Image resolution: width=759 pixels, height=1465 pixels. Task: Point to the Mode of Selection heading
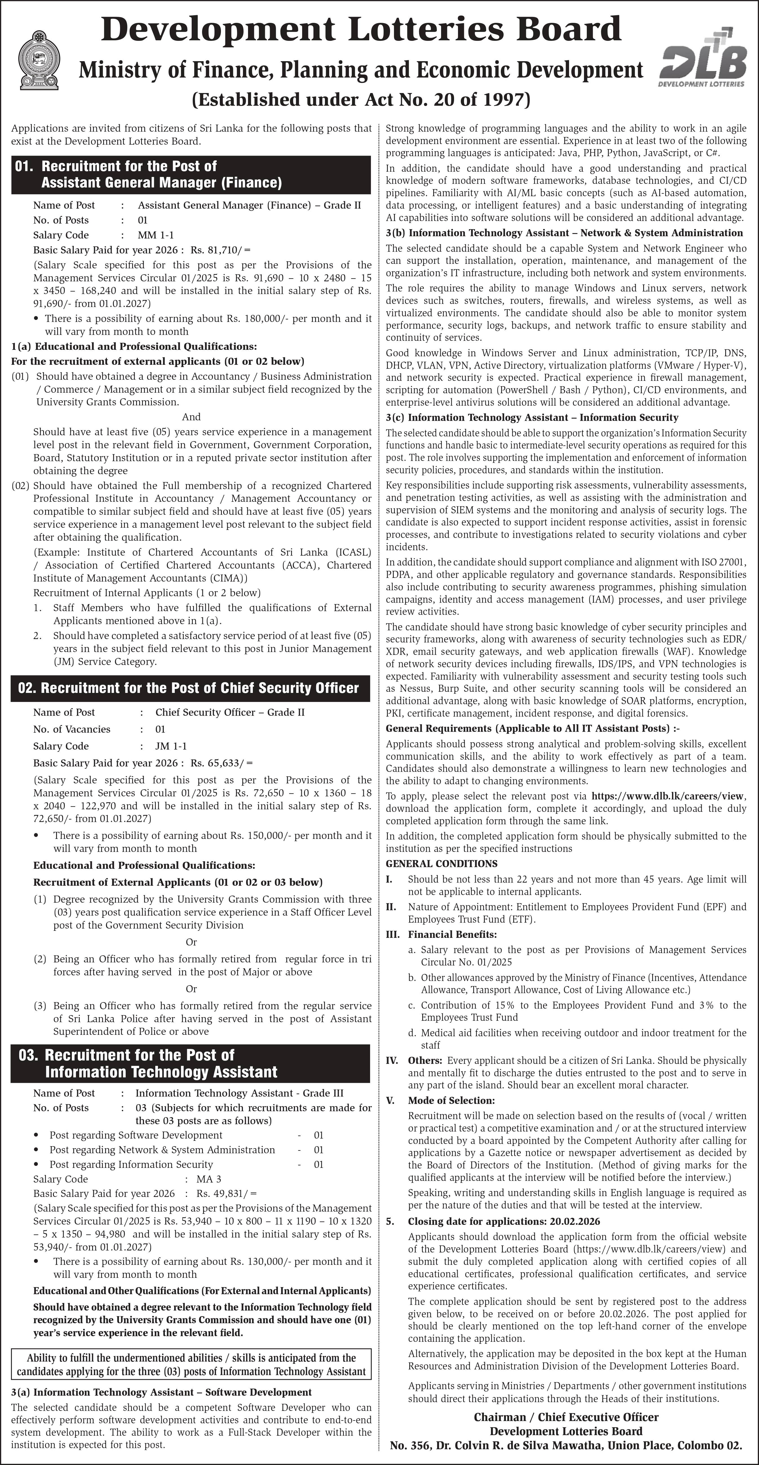[x=451, y=1101]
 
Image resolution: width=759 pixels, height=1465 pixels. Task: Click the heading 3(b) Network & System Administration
[x=564, y=233]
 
